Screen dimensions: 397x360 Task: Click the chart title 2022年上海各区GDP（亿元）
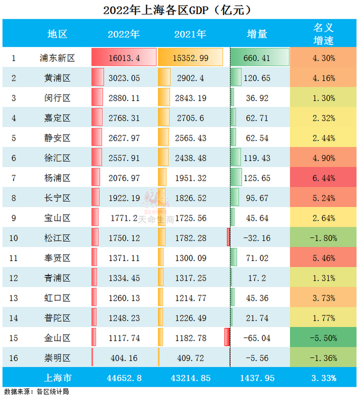coord(177,10)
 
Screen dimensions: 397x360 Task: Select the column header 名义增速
coord(323,34)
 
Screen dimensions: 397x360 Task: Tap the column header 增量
coord(257,34)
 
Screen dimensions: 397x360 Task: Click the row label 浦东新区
coord(57,58)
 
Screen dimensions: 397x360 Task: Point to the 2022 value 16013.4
coord(124,58)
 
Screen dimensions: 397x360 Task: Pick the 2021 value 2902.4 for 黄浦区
coord(190,78)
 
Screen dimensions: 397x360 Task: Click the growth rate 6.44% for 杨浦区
coord(323,178)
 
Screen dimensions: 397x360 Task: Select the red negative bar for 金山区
coord(227,337)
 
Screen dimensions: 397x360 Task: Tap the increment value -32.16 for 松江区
coord(257,238)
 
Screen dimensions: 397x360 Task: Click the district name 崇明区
coord(57,358)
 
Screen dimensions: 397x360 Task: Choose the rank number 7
coord(14,178)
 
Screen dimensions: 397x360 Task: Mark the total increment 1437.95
coord(257,378)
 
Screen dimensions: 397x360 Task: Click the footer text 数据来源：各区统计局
coord(37,392)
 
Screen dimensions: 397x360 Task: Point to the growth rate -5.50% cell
coord(323,338)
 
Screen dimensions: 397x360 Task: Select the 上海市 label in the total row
coord(58,378)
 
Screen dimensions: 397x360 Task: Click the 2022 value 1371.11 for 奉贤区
coord(124,258)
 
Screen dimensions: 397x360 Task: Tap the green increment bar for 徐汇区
coord(236,157)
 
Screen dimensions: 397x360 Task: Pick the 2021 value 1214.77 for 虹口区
coord(190,298)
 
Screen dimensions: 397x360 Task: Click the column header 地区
coord(57,34)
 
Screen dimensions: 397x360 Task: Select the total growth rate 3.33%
coord(323,378)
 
